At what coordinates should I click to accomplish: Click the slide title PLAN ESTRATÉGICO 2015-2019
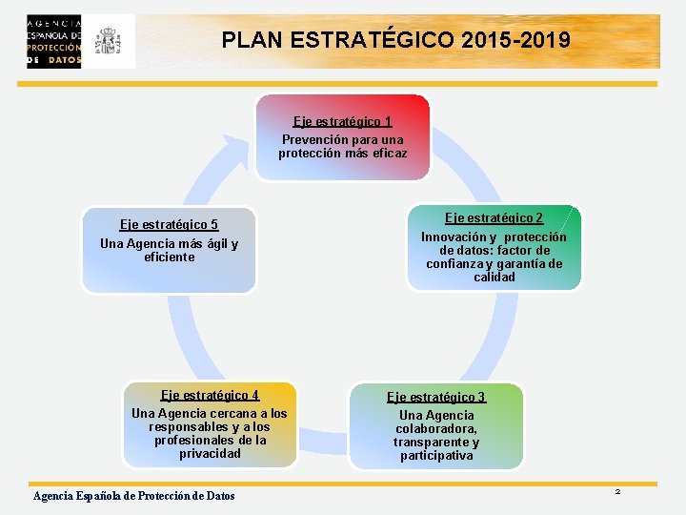(396, 41)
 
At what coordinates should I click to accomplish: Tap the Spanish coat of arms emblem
(110, 41)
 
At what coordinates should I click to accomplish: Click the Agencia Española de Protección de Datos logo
(54, 41)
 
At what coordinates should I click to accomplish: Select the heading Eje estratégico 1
(342, 121)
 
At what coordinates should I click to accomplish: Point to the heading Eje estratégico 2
(494, 217)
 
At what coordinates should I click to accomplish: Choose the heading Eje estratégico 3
(435, 397)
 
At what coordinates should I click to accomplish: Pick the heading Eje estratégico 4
(210, 395)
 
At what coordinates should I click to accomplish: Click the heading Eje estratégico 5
(169, 224)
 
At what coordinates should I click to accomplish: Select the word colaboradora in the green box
(435, 429)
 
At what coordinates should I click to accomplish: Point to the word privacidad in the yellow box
(210, 453)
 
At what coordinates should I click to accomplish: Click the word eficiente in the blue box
(169, 257)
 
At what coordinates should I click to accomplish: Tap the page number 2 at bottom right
(617, 491)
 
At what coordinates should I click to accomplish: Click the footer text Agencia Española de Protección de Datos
(133, 496)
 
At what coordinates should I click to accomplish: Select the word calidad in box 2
(494, 277)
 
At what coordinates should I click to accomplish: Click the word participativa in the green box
(435, 456)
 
